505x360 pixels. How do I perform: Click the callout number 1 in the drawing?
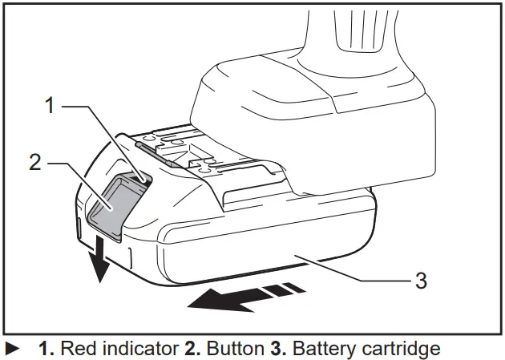pyautogui.click(x=49, y=106)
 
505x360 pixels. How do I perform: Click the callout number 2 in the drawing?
pyautogui.click(x=35, y=162)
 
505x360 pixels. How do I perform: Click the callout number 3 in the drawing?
pyautogui.click(x=420, y=280)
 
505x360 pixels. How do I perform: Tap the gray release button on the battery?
pyautogui.click(x=110, y=208)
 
